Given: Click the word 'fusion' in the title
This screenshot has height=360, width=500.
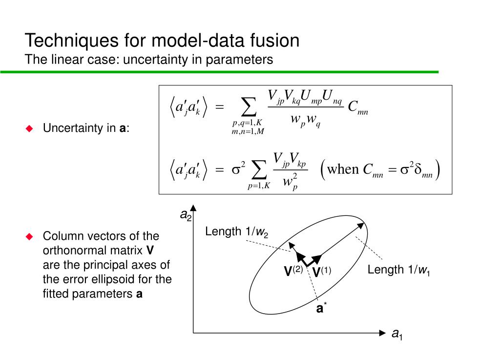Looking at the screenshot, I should (273, 41).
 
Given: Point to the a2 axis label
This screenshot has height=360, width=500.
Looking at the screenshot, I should (186, 215).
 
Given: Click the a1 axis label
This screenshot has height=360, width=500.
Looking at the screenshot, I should (397, 334).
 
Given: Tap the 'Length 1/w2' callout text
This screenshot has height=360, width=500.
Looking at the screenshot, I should (236, 232).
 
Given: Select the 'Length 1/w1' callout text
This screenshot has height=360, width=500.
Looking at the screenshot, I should (398, 270).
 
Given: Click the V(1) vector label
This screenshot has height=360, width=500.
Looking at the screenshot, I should (322, 272).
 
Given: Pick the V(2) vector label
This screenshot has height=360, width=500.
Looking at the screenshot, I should (294, 272).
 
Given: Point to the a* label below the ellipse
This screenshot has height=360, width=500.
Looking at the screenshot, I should (321, 308).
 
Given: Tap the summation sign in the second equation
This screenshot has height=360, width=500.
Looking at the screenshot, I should (259, 169).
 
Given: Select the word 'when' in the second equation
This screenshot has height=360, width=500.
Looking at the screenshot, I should (343, 169).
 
